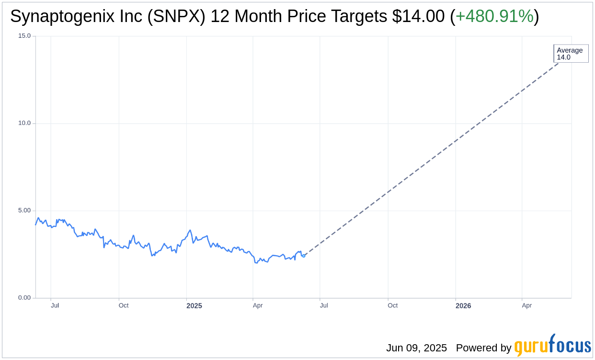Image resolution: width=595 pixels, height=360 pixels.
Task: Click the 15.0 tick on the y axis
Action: click(24, 36)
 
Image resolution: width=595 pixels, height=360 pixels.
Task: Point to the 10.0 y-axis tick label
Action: click(24, 123)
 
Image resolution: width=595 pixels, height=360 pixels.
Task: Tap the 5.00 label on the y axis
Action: click(24, 211)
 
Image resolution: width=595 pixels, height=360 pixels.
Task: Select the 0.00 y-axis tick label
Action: click(24, 298)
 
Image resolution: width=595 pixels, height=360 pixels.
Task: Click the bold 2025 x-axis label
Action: click(194, 306)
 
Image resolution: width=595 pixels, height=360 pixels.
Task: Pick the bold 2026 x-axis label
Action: click(463, 306)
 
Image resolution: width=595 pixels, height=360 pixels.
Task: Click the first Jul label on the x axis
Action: click(55, 305)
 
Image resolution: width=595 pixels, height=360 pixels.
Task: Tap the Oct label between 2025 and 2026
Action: click(392, 305)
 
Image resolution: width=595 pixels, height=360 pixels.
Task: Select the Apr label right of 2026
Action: click(526, 305)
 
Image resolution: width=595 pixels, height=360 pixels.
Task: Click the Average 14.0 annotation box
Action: click(571, 54)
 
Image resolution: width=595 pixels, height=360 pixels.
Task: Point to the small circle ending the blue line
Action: click(303, 256)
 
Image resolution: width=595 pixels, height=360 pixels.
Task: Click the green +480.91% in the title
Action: click(494, 17)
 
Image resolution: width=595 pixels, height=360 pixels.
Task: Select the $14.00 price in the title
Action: click(418, 17)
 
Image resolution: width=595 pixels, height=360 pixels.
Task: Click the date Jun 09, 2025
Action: click(416, 348)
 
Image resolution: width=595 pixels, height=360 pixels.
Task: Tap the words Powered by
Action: click(483, 348)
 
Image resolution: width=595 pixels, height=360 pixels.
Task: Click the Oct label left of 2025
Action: click(124, 305)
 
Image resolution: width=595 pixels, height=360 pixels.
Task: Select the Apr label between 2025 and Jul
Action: click(258, 305)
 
